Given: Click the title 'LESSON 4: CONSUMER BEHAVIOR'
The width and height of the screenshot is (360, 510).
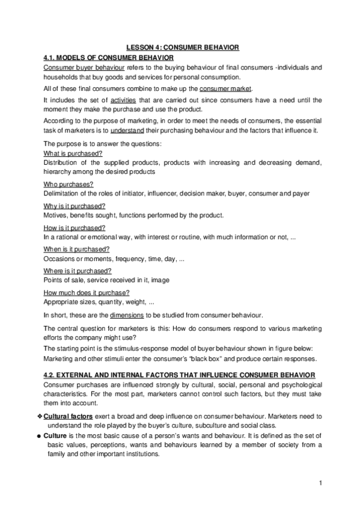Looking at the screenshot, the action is point(183,46).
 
